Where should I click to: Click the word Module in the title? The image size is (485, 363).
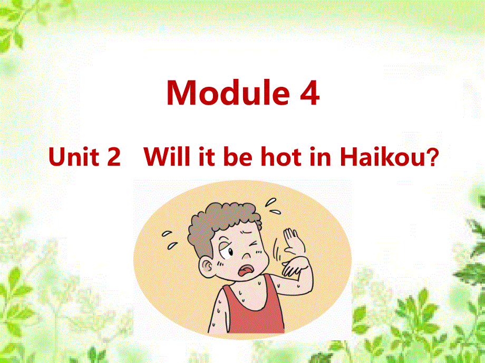224,93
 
